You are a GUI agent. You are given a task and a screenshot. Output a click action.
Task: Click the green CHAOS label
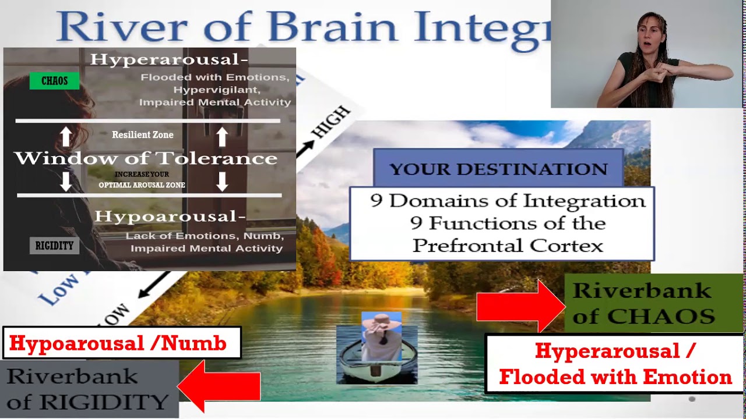(54, 81)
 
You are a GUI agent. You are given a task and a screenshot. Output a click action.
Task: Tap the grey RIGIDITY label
(54, 246)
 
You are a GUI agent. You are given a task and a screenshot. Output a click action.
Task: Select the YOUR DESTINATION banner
(498, 169)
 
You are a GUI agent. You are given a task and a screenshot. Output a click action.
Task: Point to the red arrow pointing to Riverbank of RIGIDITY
(220, 386)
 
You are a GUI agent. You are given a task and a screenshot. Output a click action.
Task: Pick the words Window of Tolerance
(146, 158)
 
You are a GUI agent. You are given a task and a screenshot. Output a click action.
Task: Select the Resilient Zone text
(143, 134)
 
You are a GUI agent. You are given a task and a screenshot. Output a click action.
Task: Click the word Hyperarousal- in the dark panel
(169, 59)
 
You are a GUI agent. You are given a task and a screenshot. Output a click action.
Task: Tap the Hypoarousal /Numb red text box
(122, 343)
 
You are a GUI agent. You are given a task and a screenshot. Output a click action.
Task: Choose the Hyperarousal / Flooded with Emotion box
(615, 364)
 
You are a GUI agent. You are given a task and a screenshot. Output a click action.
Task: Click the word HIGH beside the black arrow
(330, 122)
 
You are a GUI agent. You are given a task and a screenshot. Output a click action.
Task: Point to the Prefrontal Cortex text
(508, 246)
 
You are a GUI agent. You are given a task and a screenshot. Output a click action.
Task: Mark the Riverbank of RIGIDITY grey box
(89, 389)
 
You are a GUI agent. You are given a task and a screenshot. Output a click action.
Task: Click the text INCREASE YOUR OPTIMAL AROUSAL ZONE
(142, 180)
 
